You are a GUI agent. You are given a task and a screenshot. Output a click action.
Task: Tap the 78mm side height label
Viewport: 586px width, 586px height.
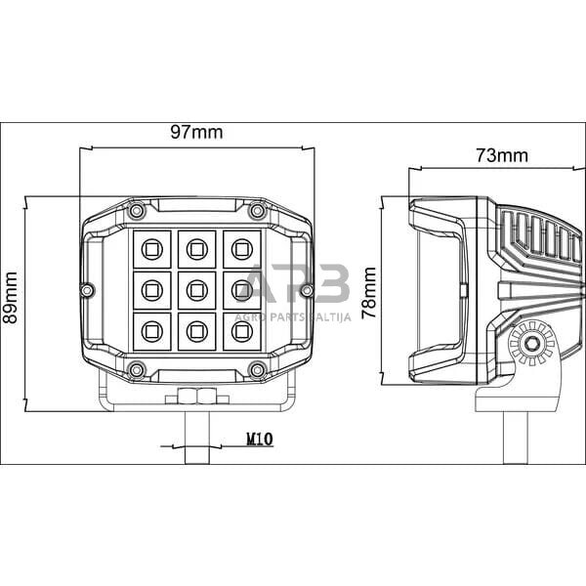pyautogui.click(x=370, y=290)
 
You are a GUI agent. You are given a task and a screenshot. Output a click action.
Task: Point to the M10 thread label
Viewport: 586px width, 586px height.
pyautogui.click(x=258, y=441)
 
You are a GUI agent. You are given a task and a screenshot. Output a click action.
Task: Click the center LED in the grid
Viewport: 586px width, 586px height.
pyautogui.click(x=196, y=289)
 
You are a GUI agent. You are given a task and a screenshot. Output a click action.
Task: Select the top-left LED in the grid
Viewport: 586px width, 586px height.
pyautogui.click(x=151, y=248)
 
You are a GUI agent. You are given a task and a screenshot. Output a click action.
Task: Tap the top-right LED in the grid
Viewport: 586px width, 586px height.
pyautogui.click(x=240, y=248)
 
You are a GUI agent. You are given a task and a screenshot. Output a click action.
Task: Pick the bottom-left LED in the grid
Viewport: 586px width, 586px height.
pyautogui.click(x=151, y=331)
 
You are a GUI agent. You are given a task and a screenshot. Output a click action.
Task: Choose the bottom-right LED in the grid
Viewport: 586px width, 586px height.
pyautogui.click(x=240, y=331)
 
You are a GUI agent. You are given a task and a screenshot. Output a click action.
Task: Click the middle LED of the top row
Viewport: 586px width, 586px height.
pyautogui.click(x=196, y=248)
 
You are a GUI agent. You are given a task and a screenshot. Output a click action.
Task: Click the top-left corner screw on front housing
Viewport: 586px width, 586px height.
pyautogui.click(x=137, y=211)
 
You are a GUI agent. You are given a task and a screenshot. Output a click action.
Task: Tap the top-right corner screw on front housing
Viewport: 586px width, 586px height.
pyautogui.click(x=257, y=211)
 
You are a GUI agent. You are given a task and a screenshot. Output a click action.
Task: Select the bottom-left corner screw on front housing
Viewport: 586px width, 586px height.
pyautogui.click(x=137, y=368)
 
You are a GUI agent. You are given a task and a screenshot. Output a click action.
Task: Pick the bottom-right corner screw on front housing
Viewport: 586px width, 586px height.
pyautogui.click(x=257, y=368)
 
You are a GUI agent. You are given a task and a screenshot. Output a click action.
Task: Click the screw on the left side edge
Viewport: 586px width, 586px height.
pyautogui.click(x=87, y=290)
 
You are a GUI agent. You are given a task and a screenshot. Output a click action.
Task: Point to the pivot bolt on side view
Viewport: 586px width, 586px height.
pyautogui.click(x=532, y=344)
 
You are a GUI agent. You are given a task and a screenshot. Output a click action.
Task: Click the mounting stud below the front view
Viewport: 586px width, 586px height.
pyautogui.click(x=196, y=435)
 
